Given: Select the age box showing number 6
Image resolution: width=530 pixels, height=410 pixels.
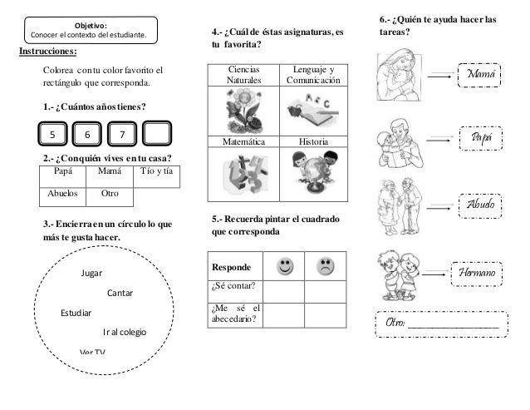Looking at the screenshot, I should click(x=87, y=135).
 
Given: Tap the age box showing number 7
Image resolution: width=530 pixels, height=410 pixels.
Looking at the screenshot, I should click(x=122, y=135).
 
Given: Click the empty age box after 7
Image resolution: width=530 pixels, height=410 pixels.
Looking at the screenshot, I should click(x=157, y=135).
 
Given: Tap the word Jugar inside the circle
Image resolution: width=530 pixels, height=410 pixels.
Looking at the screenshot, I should click(x=93, y=273).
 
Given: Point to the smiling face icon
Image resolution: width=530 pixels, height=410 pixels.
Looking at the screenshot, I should click(x=286, y=268).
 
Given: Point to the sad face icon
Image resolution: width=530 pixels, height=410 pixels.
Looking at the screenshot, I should click(x=324, y=268).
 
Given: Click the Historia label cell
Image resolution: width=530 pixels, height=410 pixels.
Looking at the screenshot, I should click(x=308, y=142).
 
